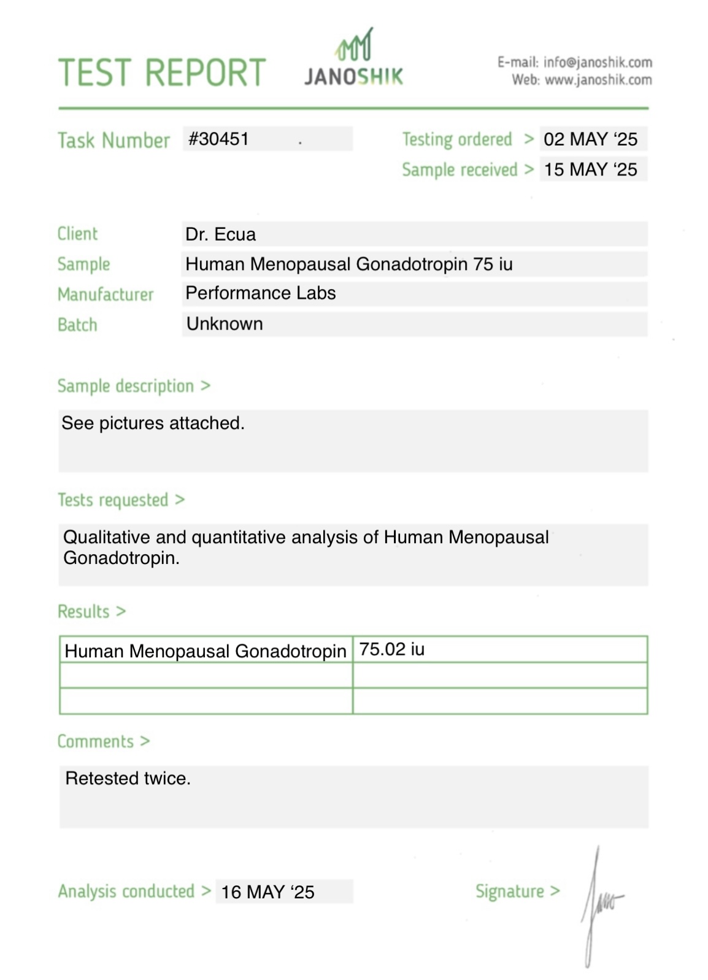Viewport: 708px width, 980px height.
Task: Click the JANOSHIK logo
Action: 354,60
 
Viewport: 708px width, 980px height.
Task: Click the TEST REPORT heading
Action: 162,72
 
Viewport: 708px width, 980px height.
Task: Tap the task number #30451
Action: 218,139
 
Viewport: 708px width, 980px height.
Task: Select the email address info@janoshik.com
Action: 597,62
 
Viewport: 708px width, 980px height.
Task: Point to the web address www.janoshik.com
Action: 598,80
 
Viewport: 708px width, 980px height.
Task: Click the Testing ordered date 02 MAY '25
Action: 590,139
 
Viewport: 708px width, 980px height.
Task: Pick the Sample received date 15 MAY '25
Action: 590,169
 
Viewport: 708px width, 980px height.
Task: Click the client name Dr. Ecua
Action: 220,234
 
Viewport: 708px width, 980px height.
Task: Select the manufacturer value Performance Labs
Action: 260,293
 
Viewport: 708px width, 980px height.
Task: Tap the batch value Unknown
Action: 225,324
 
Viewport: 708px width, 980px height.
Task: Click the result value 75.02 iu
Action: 391,649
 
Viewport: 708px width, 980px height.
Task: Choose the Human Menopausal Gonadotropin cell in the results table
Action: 206,650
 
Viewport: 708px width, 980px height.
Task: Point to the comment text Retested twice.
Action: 128,778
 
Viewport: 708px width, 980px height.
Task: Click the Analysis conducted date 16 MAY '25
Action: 267,892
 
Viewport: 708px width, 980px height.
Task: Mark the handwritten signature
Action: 598,903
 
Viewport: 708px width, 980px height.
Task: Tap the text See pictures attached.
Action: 153,423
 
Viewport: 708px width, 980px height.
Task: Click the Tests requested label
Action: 113,500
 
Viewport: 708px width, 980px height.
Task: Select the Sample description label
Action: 126,386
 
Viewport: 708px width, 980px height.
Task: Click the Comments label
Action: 96,741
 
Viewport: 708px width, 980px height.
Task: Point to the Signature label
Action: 510,891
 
